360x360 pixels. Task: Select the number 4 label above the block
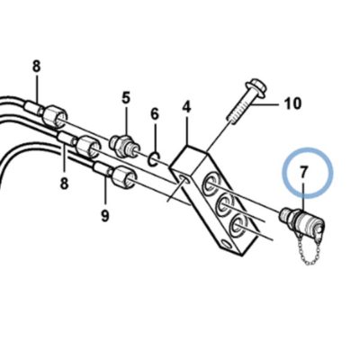[186, 106]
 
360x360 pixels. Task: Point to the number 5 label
[126, 97]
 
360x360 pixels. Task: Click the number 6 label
[154, 114]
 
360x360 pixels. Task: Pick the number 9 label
[104, 215]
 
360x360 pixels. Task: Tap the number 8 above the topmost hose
[36, 67]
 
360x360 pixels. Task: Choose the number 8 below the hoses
[64, 183]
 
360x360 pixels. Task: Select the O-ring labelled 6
[155, 159]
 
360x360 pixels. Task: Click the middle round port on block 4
[226, 206]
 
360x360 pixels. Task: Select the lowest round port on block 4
[239, 224]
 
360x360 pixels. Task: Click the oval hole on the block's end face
[184, 179]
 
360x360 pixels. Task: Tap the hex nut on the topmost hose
[54, 114]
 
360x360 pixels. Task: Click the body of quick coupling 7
[302, 222]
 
